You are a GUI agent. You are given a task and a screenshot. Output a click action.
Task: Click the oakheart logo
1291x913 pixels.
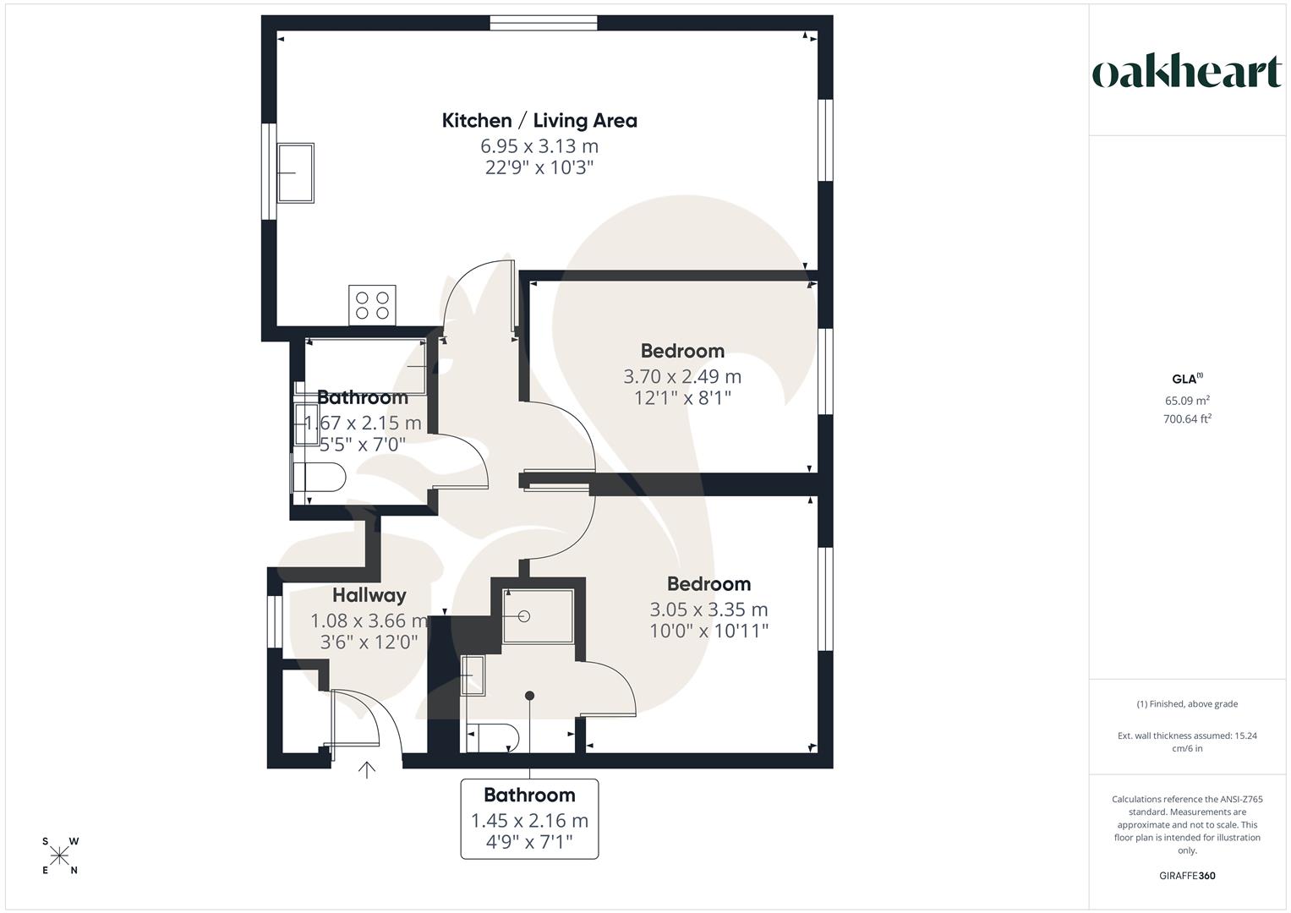(x=1186, y=73)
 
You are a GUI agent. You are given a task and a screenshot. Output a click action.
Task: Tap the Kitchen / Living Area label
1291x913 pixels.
(x=539, y=121)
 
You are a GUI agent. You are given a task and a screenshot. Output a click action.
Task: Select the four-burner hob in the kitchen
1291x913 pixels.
(x=372, y=304)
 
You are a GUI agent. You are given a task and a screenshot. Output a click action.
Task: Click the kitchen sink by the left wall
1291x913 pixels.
(x=296, y=172)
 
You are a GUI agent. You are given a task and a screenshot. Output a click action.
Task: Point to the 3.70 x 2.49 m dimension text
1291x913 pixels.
(x=682, y=376)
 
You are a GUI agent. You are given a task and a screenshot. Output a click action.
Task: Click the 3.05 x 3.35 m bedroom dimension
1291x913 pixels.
(x=708, y=610)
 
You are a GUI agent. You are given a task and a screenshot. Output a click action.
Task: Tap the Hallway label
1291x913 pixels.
(x=369, y=595)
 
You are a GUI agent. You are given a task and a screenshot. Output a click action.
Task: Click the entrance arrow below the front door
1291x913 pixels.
(x=367, y=769)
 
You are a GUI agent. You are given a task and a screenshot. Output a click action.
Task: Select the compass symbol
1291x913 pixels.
(x=60, y=856)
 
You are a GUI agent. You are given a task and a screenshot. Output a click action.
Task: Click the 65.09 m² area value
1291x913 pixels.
(x=1187, y=401)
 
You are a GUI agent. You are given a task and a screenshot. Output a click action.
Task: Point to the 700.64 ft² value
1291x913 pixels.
(x=1187, y=418)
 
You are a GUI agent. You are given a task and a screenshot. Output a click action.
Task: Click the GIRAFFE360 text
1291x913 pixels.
(x=1187, y=876)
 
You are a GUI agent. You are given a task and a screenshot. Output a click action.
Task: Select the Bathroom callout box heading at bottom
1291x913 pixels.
(x=529, y=795)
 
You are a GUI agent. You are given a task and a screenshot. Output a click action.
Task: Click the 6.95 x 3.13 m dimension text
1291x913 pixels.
(x=539, y=145)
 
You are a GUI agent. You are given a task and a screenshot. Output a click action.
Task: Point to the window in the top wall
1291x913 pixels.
(x=544, y=23)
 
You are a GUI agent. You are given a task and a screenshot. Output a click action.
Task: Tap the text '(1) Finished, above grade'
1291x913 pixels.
(x=1187, y=704)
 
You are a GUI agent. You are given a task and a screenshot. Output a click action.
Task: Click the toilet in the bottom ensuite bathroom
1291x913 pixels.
(x=494, y=737)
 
